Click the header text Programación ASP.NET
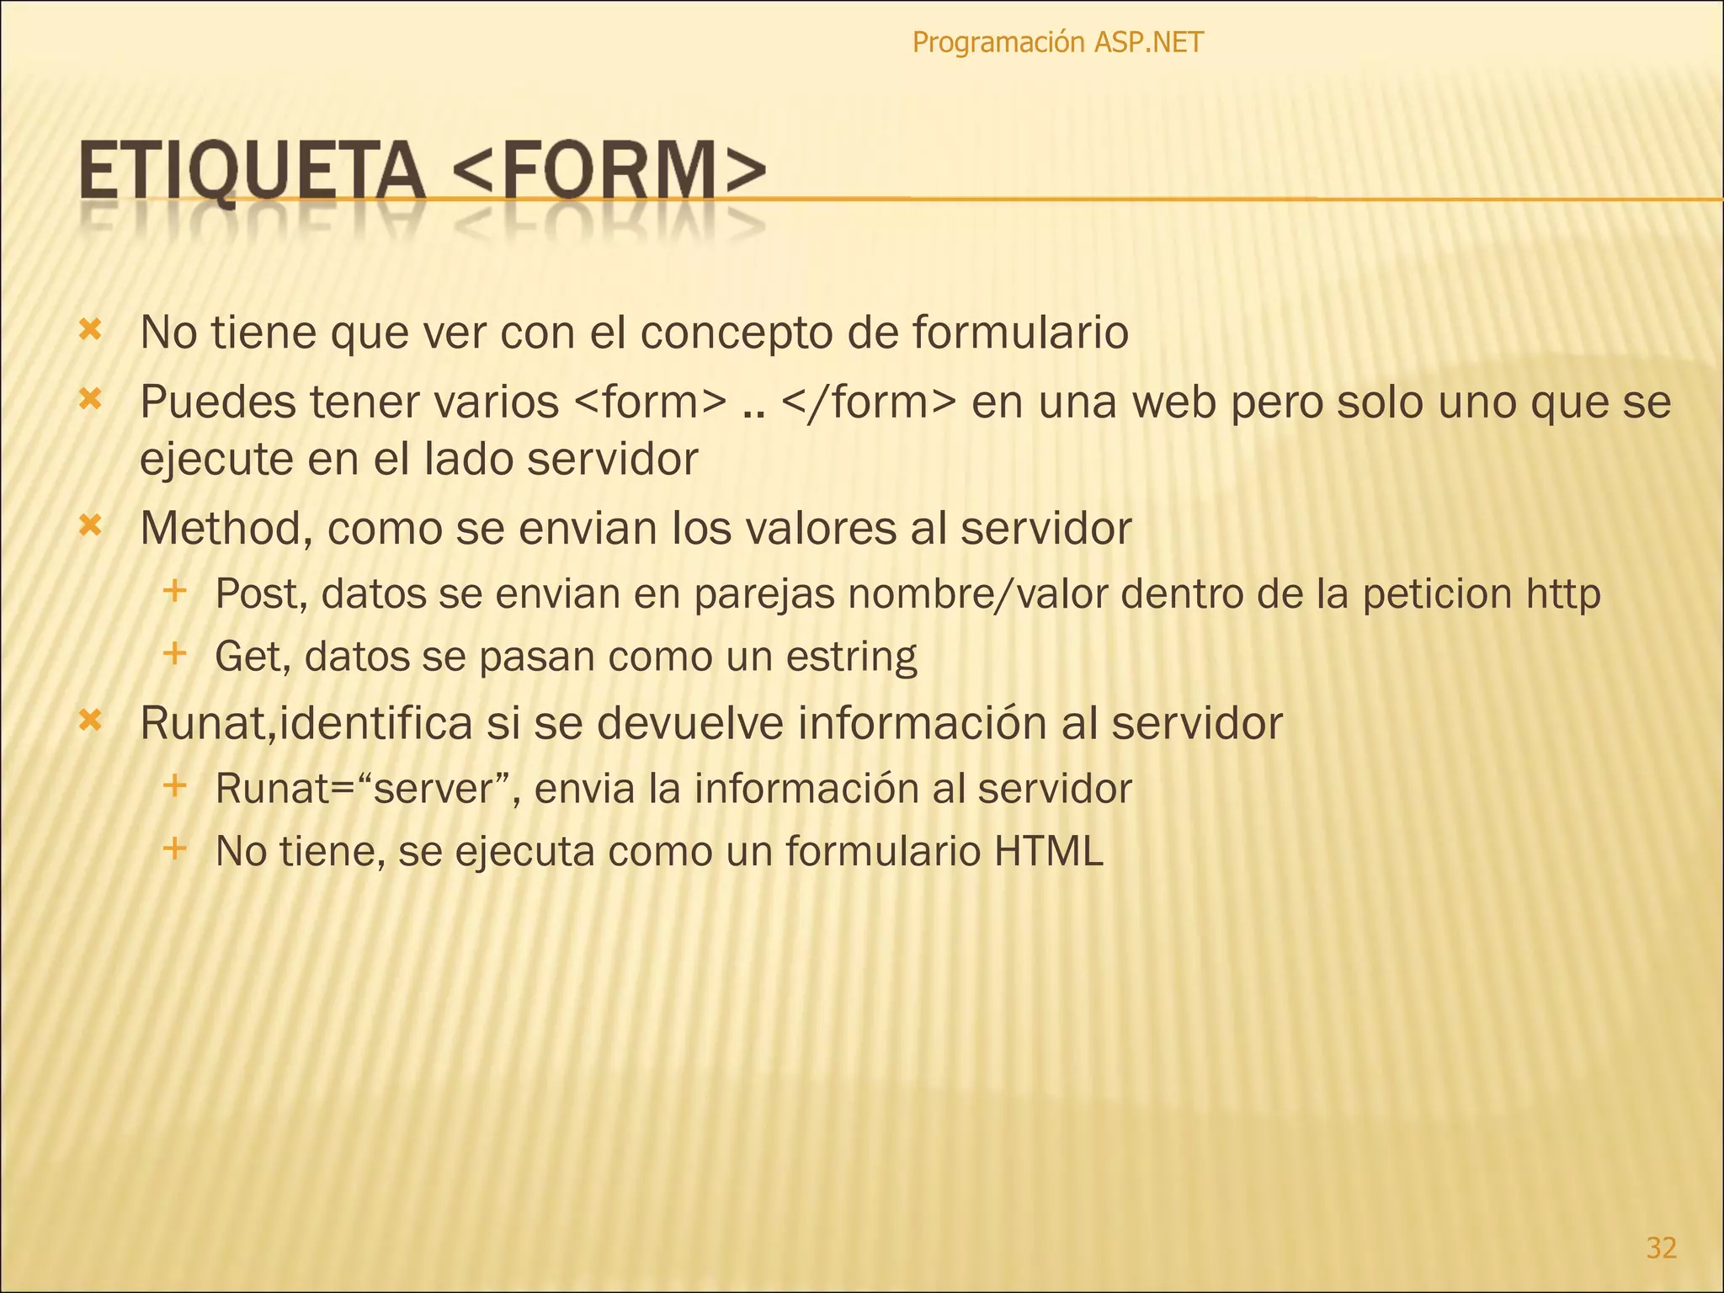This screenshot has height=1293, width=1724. click(1057, 42)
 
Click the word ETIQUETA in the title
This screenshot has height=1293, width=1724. click(252, 172)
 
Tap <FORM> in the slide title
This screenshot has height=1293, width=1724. click(609, 172)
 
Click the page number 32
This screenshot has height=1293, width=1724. click(1661, 1247)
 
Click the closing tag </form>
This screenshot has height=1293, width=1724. click(868, 402)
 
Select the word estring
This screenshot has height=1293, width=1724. click(851, 657)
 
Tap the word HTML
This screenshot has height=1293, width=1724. click(1048, 851)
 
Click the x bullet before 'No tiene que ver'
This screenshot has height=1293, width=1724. click(90, 329)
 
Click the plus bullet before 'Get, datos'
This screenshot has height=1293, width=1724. click(174, 652)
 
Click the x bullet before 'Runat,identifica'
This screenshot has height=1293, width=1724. click(90, 720)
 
